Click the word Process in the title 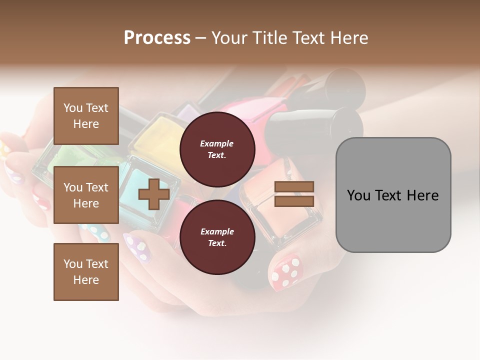[x=157, y=38]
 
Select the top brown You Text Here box [x=86, y=116]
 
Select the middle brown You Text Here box [x=86, y=195]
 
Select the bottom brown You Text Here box [x=86, y=271]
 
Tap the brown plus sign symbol [x=154, y=194]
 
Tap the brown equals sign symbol [x=294, y=194]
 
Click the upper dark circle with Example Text [x=217, y=149]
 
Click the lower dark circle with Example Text [x=217, y=237]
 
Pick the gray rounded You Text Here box [x=393, y=195]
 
